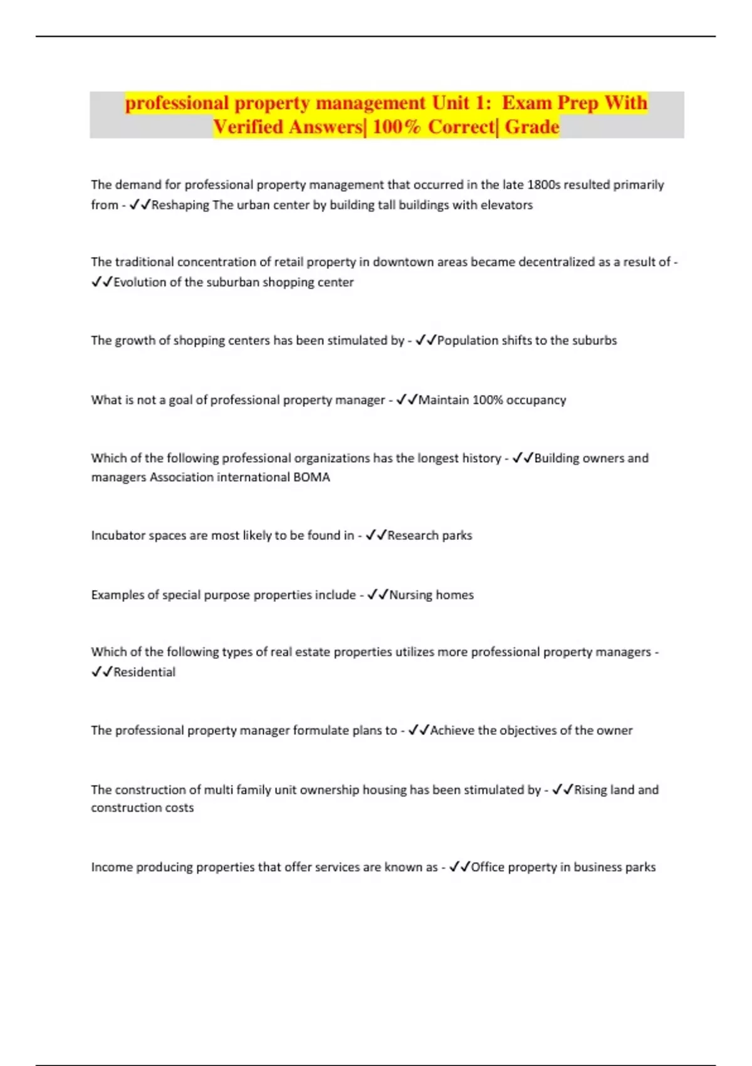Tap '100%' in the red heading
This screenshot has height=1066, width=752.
click(x=396, y=127)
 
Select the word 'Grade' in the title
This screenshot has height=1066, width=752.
click(x=532, y=127)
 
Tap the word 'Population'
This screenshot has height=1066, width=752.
click(x=467, y=340)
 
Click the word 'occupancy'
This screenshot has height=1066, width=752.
click(x=536, y=400)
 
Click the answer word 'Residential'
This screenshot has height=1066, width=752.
click(x=144, y=672)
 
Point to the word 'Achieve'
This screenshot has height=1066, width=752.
click(x=452, y=731)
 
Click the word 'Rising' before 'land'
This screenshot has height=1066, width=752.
click(x=591, y=790)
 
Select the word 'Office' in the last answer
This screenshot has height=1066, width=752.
click(x=488, y=867)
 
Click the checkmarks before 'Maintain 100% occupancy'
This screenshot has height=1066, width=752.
click(x=407, y=400)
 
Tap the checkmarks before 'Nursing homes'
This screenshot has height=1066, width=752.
click(x=378, y=595)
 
